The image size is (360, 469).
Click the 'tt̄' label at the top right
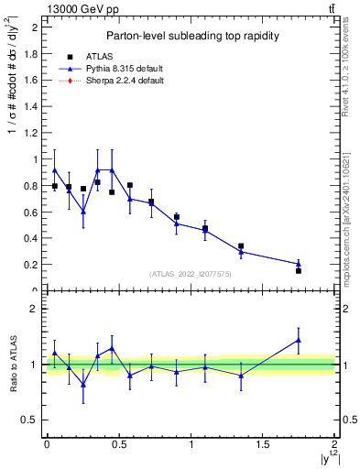[330, 8]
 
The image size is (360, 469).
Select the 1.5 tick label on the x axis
[263, 444]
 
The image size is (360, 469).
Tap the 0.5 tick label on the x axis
[118, 444]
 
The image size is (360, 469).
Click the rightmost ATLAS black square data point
[299, 271]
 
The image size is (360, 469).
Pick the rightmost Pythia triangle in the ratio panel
[299, 340]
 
